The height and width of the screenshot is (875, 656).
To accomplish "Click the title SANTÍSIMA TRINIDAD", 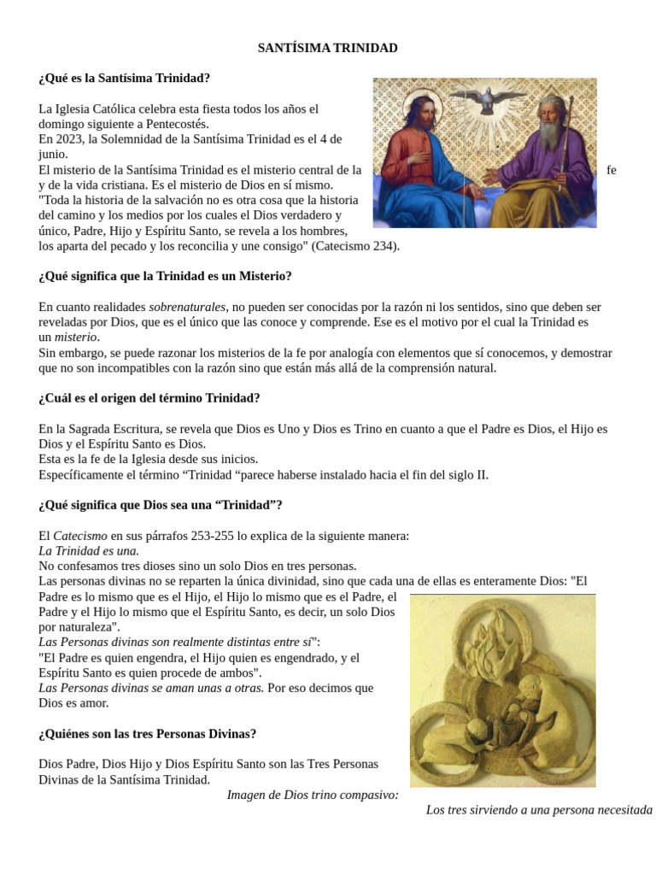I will coord(327,49).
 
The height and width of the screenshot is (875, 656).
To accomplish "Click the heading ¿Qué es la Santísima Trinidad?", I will coord(124,79).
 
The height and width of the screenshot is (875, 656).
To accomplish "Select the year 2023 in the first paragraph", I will coord(67,139).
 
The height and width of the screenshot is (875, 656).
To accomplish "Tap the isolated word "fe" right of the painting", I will coord(611,170).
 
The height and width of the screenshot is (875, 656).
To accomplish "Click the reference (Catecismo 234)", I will coord(354,246).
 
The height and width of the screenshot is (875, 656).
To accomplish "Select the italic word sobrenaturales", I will coord(187,307).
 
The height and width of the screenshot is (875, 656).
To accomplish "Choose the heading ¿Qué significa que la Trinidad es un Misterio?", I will coord(165,277).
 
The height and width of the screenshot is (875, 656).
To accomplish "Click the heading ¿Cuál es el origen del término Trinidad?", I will coord(149,398).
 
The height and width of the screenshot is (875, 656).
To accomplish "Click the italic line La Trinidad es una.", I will coord(89,551).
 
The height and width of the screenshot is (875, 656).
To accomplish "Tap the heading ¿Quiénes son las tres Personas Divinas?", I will coord(147,734).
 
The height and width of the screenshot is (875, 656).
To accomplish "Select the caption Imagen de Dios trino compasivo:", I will coord(313,795).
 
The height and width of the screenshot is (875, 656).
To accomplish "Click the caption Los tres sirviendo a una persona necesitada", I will coord(539,810).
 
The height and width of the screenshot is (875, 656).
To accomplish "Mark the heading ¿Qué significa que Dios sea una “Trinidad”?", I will coord(160,505).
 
